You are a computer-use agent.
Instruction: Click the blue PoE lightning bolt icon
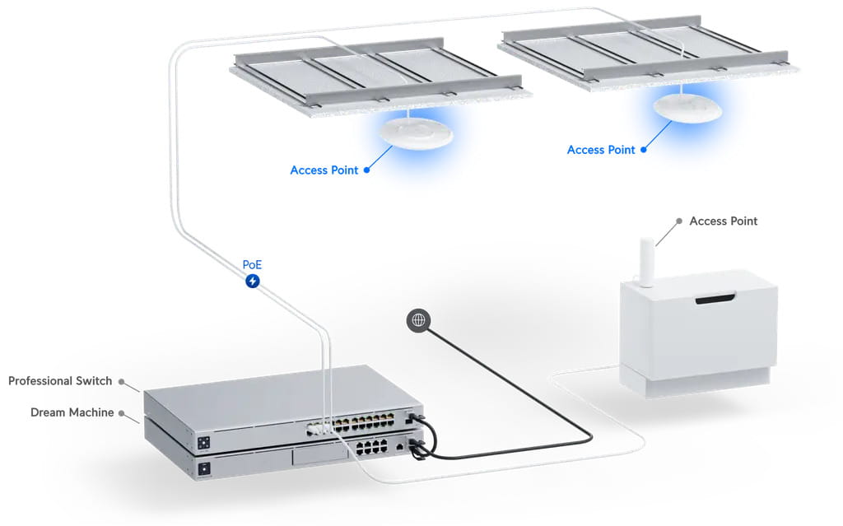pyautogui.click(x=253, y=282)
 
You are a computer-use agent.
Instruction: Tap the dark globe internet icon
pyautogui.click(x=418, y=320)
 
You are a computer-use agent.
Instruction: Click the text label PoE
pyautogui.click(x=253, y=265)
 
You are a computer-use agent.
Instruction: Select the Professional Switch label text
pyautogui.click(x=60, y=381)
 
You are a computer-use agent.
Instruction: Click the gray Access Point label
pyautogui.click(x=723, y=221)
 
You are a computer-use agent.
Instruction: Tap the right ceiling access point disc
pyautogui.click(x=687, y=108)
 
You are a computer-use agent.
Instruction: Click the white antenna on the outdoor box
pyautogui.click(x=648, y=262)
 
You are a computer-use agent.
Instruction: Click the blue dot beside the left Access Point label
pyautogui.click(x=366, y=170)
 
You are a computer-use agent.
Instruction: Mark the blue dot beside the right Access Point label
pyautogui.click(x=643, y=150)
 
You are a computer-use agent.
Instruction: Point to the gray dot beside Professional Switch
pyautogui.click(x=121, y=381)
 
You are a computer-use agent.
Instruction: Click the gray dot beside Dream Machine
pyautogui.click(x=121, y=412)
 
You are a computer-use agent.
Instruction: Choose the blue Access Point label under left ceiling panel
pyautogui.click(x=324, y=170)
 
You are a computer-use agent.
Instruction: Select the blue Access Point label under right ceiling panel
pyautogui.click(x=601, y=150)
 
